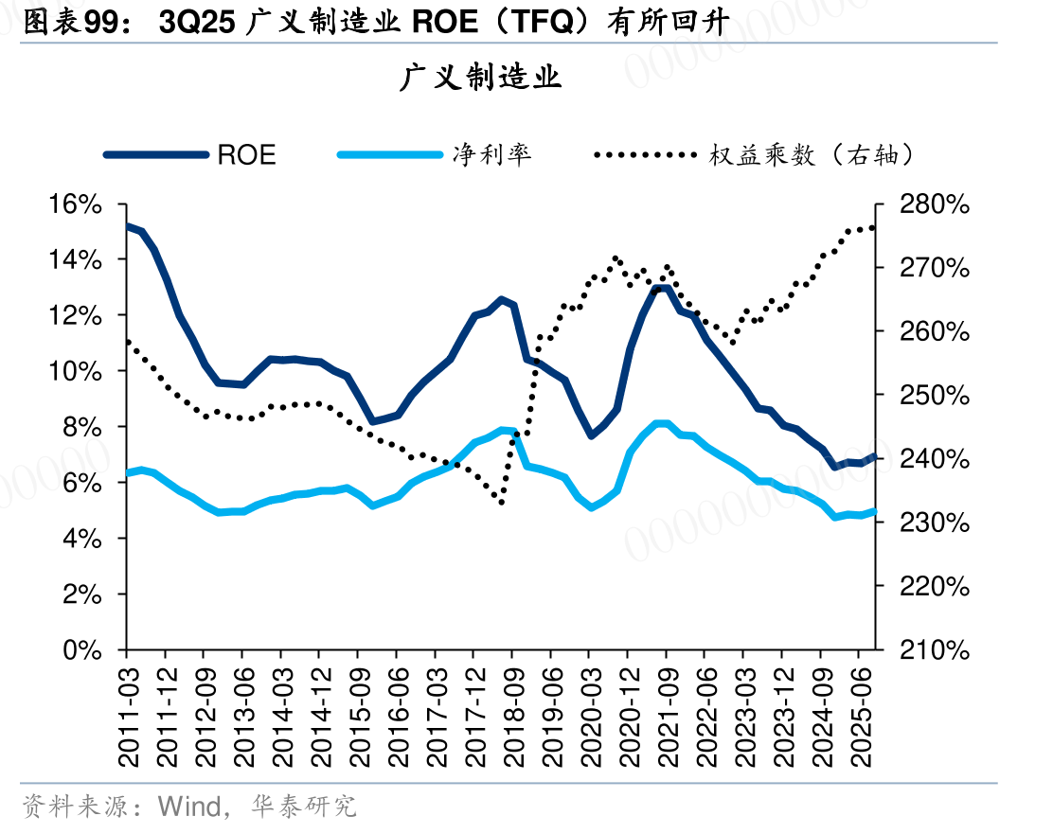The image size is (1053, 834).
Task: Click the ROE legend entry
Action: click(x=190, y=155)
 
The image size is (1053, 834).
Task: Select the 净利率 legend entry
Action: click(x=435, y=155)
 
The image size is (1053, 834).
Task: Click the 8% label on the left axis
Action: click(x=82, y=427)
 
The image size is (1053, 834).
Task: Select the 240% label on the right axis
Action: click(x=935, y=459)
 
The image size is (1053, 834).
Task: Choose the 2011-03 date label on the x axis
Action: click(x=128, y=718)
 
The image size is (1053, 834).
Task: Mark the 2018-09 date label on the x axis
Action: click(x=513, y=718)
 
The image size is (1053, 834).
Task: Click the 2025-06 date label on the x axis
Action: click(x=860, y=718)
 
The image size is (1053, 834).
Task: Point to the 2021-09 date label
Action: click(x=668, y=718)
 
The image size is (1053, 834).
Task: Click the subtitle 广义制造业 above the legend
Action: click(x=480, y=78)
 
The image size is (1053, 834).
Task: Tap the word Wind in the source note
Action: click(x=189, y=807)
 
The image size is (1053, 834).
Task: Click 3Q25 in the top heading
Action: click(x=197, y=23)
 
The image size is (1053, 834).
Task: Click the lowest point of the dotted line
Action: click(x=501, y=502)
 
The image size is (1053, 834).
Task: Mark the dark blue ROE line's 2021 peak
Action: click(x=662, y=289)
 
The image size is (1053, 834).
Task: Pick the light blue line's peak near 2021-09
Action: click(x=662, y=424)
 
